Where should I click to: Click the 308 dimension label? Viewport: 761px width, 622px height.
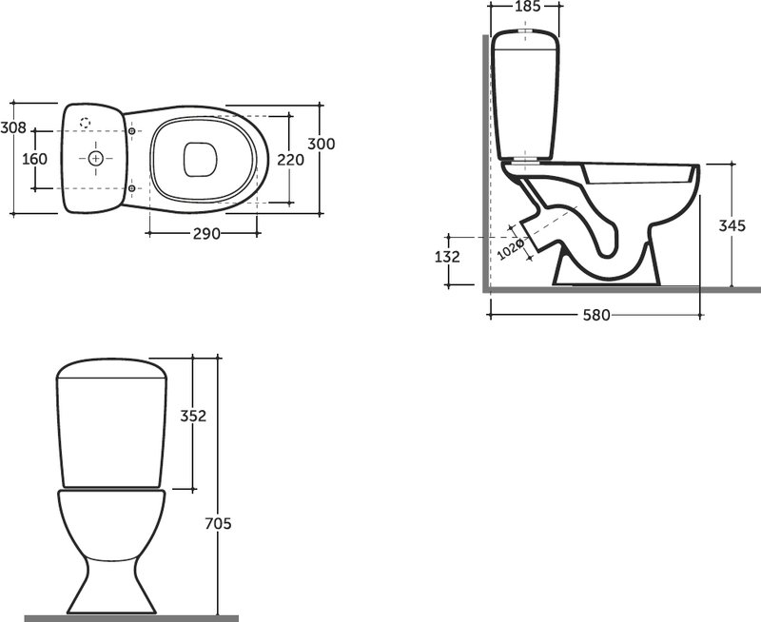[13, 127]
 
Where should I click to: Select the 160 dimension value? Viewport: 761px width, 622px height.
[34, 159]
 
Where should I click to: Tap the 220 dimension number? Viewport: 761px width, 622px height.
[291, 159]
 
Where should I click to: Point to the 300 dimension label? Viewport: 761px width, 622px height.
[322, 144]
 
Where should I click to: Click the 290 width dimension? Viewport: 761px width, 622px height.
[206, 234]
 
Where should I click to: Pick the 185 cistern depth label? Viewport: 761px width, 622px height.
[527, 7]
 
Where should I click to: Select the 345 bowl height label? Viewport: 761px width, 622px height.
[732, 225]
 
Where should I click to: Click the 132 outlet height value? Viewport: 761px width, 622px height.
[447, 257]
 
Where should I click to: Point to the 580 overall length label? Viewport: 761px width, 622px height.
[596, 316]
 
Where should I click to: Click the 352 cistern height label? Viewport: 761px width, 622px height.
[193, 416]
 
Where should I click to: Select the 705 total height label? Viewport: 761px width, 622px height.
[218, 524]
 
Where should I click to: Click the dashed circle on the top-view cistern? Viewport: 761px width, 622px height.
[85, 123]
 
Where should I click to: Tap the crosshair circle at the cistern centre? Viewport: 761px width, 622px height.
[96, 158]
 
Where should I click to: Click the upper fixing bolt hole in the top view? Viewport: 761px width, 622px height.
[131, 131]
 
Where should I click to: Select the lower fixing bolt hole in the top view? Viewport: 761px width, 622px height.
[131, 188]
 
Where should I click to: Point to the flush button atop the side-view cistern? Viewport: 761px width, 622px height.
[526, 30]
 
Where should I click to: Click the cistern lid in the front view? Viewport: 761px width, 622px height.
[111, 368]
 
